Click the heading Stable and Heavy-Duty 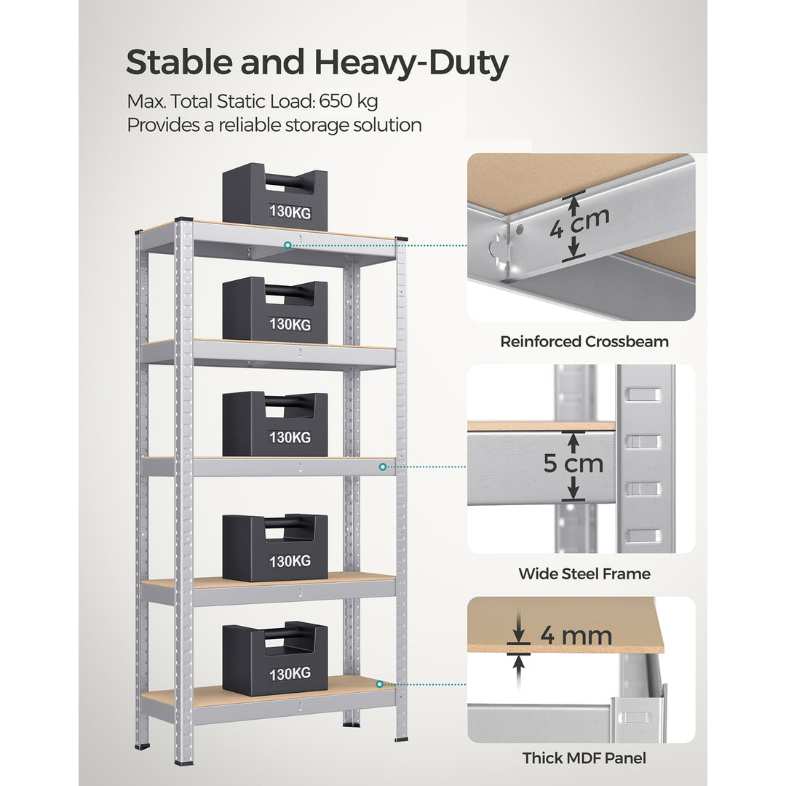click(x=317, y=63)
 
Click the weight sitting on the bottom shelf click(x=274, y=658)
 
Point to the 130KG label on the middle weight click(x=290, y=437)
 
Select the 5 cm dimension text click(x=573, y=464)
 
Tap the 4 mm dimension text click(x=576, y=635)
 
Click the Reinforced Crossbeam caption click(x=584, y=341)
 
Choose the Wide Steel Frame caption click(x=584, y=573)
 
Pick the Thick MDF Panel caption click(x=584, y=758)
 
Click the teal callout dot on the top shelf click(x=288, y=245)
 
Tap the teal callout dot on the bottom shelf click(x=380, y=684)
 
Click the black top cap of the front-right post click(x=401, y=238)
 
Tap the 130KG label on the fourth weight click(x=290, y=561)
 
